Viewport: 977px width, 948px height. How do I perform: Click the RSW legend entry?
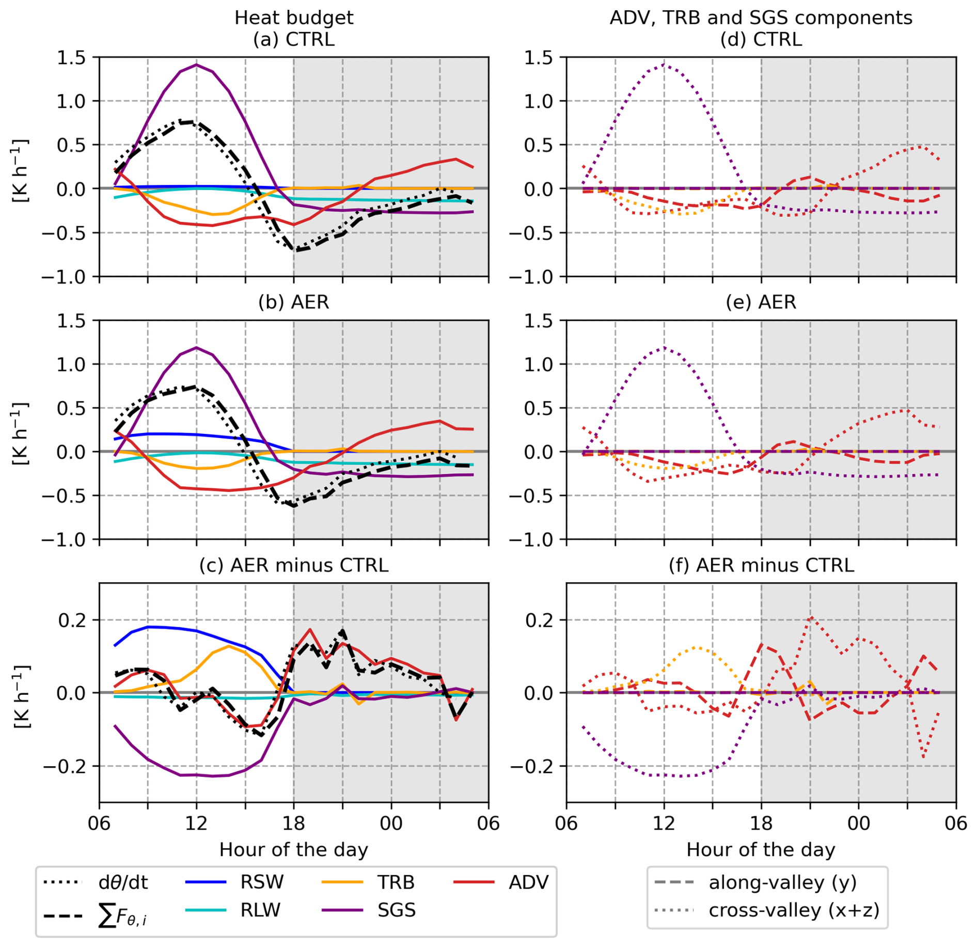234,882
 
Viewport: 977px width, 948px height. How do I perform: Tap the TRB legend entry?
368,882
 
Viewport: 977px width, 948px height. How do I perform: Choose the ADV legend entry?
501,882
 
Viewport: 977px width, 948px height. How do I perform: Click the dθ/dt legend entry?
96,882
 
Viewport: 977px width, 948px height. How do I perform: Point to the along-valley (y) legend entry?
755,882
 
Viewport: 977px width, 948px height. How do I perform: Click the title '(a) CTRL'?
294,39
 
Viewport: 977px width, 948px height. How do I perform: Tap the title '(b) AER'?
294,302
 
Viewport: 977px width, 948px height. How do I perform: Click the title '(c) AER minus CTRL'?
294,565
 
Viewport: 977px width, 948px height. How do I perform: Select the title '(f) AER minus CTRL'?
761,565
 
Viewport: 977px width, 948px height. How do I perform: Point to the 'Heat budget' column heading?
294,18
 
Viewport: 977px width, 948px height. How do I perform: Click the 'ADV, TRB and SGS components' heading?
761,18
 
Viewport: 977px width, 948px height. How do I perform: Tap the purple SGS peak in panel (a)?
196,65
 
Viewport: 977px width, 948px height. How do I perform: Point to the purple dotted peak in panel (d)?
664,65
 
